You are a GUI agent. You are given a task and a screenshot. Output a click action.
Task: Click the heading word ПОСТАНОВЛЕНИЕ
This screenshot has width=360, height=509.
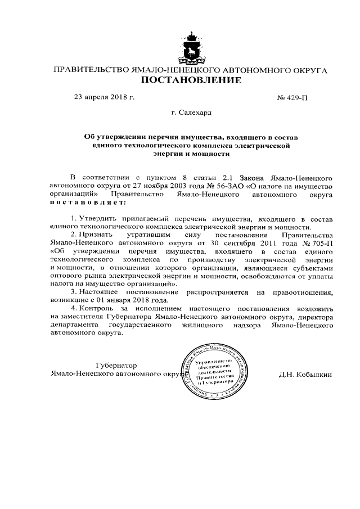191,81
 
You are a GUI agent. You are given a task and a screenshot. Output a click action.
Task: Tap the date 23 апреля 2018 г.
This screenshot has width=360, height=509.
105,97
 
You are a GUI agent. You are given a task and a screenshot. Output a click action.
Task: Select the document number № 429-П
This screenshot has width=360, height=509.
292,98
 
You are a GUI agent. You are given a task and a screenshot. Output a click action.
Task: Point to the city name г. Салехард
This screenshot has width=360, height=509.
191,113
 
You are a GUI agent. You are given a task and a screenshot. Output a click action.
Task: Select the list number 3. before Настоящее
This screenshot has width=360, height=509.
74,292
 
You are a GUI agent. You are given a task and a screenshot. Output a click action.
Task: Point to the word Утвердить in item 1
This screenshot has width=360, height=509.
99,218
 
